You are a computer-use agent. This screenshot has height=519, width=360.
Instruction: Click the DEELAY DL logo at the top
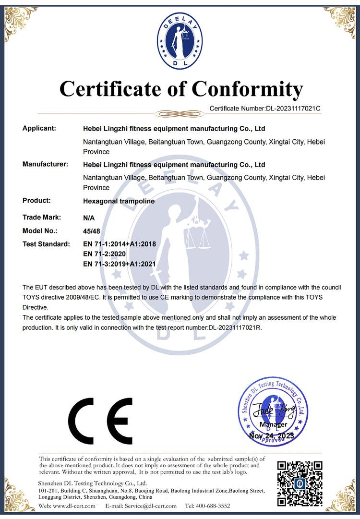coord(180,42)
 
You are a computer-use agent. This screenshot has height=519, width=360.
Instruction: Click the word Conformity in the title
coord(248,89)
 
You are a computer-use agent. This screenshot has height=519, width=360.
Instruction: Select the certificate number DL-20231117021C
coord(293,109)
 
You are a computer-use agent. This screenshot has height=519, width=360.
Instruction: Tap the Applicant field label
coord(39,128)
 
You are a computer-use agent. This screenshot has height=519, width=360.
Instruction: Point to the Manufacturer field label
coord(45,164)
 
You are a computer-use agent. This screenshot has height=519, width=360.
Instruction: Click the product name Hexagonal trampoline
coord(119,201)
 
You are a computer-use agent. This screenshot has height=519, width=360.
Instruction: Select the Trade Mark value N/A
coord(89,217)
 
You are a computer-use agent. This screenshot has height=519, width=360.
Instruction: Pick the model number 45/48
coord(90,230)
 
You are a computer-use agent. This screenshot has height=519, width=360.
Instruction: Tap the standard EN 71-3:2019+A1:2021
coord(120,264)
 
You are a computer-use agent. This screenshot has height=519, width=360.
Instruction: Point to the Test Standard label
coord(46,244)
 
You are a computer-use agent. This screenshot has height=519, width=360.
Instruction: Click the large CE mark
coord(100,421)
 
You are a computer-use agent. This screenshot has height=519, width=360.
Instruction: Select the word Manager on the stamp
coord(273,424)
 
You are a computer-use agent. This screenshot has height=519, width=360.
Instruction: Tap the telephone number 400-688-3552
coord(213,506)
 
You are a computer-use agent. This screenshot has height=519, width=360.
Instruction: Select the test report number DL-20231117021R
coord(235,327)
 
